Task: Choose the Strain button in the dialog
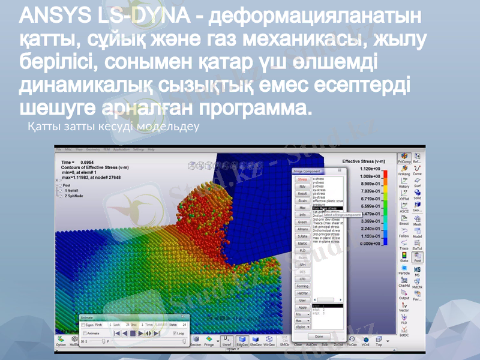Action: (303, 200)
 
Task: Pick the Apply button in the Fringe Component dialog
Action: (303, 307)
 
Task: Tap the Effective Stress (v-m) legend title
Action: (363, 161)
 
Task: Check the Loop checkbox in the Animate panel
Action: (173, 332)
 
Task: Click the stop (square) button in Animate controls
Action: (133, 332)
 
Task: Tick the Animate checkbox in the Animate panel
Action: (83, 332)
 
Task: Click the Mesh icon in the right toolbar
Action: (417, 221)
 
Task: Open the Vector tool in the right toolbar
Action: (404, 307)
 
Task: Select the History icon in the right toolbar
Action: (404, 183)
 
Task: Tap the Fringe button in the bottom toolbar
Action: (209, 341)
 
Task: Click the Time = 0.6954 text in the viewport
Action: (78, 163)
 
